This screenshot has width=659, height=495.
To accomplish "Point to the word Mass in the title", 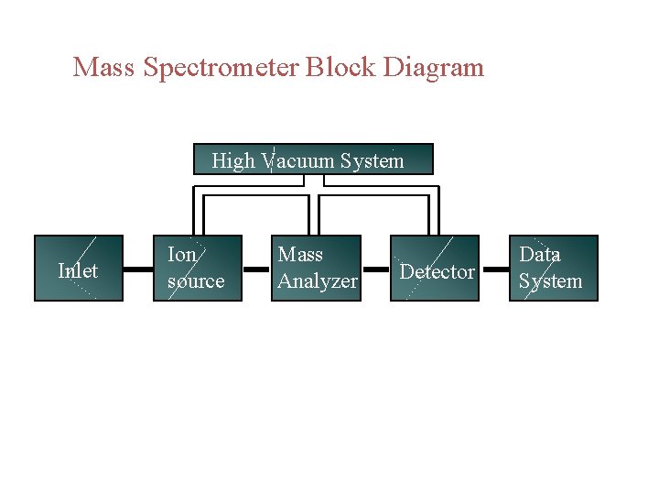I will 103,68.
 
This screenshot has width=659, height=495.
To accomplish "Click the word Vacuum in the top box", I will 298,161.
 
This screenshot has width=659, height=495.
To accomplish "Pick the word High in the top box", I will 233,161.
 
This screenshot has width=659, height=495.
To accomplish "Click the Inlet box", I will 79,269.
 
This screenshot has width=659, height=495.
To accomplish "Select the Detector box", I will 436,269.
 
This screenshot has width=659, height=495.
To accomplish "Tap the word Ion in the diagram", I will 181,255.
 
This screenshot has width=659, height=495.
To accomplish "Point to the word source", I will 195,281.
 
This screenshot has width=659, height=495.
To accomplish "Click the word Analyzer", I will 317,281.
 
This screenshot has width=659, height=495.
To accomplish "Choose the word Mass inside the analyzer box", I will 300,255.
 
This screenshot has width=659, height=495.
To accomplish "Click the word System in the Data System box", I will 550,281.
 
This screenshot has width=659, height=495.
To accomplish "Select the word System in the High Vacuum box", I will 372,161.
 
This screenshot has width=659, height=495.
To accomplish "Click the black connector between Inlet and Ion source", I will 137,269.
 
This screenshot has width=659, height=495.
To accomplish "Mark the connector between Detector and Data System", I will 493,269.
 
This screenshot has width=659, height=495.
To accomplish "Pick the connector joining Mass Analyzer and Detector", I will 376,269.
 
